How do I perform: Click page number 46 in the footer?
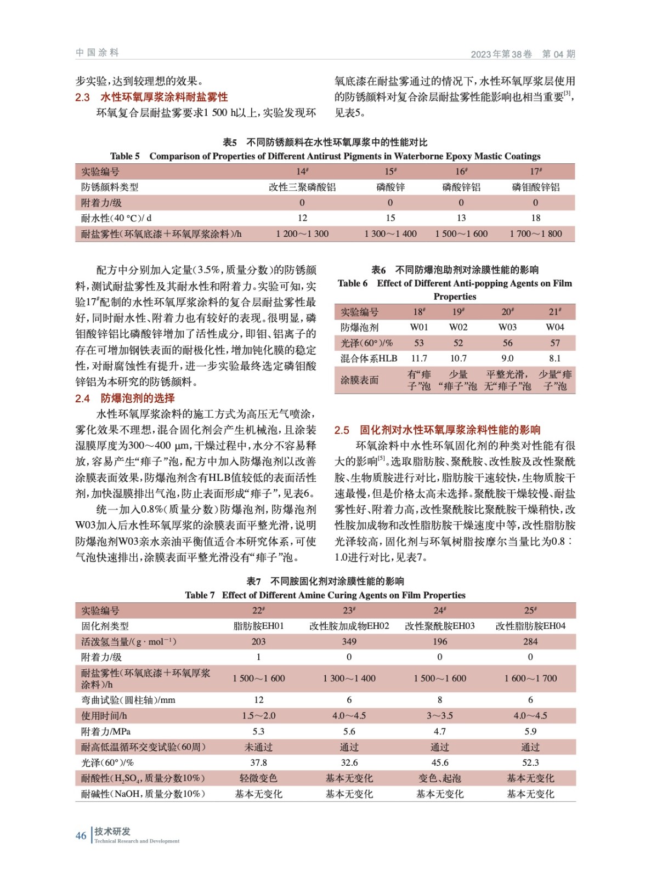[81, 835]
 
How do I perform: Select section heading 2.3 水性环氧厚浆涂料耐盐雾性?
[151, 97]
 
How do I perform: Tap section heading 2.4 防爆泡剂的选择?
[125, 398]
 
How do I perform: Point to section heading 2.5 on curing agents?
[437, 430]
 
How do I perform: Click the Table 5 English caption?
[325, 156]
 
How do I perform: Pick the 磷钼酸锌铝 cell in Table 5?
[535, 187]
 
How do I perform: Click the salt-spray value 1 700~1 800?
[535, 234]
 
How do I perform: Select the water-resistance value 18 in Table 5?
[535, 218]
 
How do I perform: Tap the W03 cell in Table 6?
[507, 327]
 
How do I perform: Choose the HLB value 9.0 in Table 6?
[507, 358]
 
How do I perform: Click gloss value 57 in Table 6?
[555, 343]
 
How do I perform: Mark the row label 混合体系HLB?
[369, 358]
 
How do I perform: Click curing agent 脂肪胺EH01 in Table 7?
[258, 626]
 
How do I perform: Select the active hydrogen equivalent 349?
[349, 641]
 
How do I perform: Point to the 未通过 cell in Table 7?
[258, 747]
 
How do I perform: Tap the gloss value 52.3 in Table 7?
[530, 762]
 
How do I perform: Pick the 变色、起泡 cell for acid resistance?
[439, 778]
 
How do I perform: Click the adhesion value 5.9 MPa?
[530, 731]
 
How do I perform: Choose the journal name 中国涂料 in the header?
[97, 53]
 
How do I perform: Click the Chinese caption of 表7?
[325, 581]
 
